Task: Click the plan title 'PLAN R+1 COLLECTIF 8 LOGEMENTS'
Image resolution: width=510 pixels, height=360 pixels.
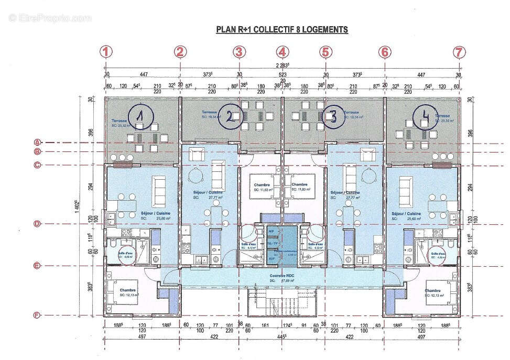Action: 282,30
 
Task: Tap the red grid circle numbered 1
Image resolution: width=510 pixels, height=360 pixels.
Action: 107,52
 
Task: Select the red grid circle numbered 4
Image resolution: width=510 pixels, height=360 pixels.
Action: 283,52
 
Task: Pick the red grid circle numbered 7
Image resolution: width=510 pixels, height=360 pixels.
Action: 459,52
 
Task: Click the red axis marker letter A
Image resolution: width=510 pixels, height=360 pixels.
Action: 37,142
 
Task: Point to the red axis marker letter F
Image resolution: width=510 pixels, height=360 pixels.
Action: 37,315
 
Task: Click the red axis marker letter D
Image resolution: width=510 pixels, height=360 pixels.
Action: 37,224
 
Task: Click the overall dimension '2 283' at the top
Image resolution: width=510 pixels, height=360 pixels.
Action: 282,66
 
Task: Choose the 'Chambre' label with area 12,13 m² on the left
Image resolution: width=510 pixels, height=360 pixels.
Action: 127,290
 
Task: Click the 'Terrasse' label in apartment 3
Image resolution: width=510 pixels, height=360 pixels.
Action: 351,112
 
